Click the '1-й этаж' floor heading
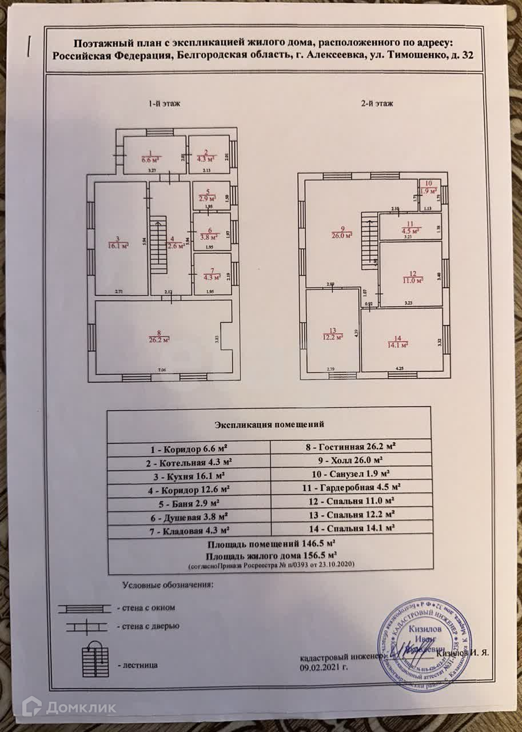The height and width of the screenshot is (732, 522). click(x=164, y=105)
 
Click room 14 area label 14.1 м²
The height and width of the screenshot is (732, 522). click(x=397, y=345)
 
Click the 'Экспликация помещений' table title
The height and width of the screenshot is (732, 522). click(x=269, y=425)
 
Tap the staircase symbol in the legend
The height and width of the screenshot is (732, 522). click(x=95, y=661)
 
